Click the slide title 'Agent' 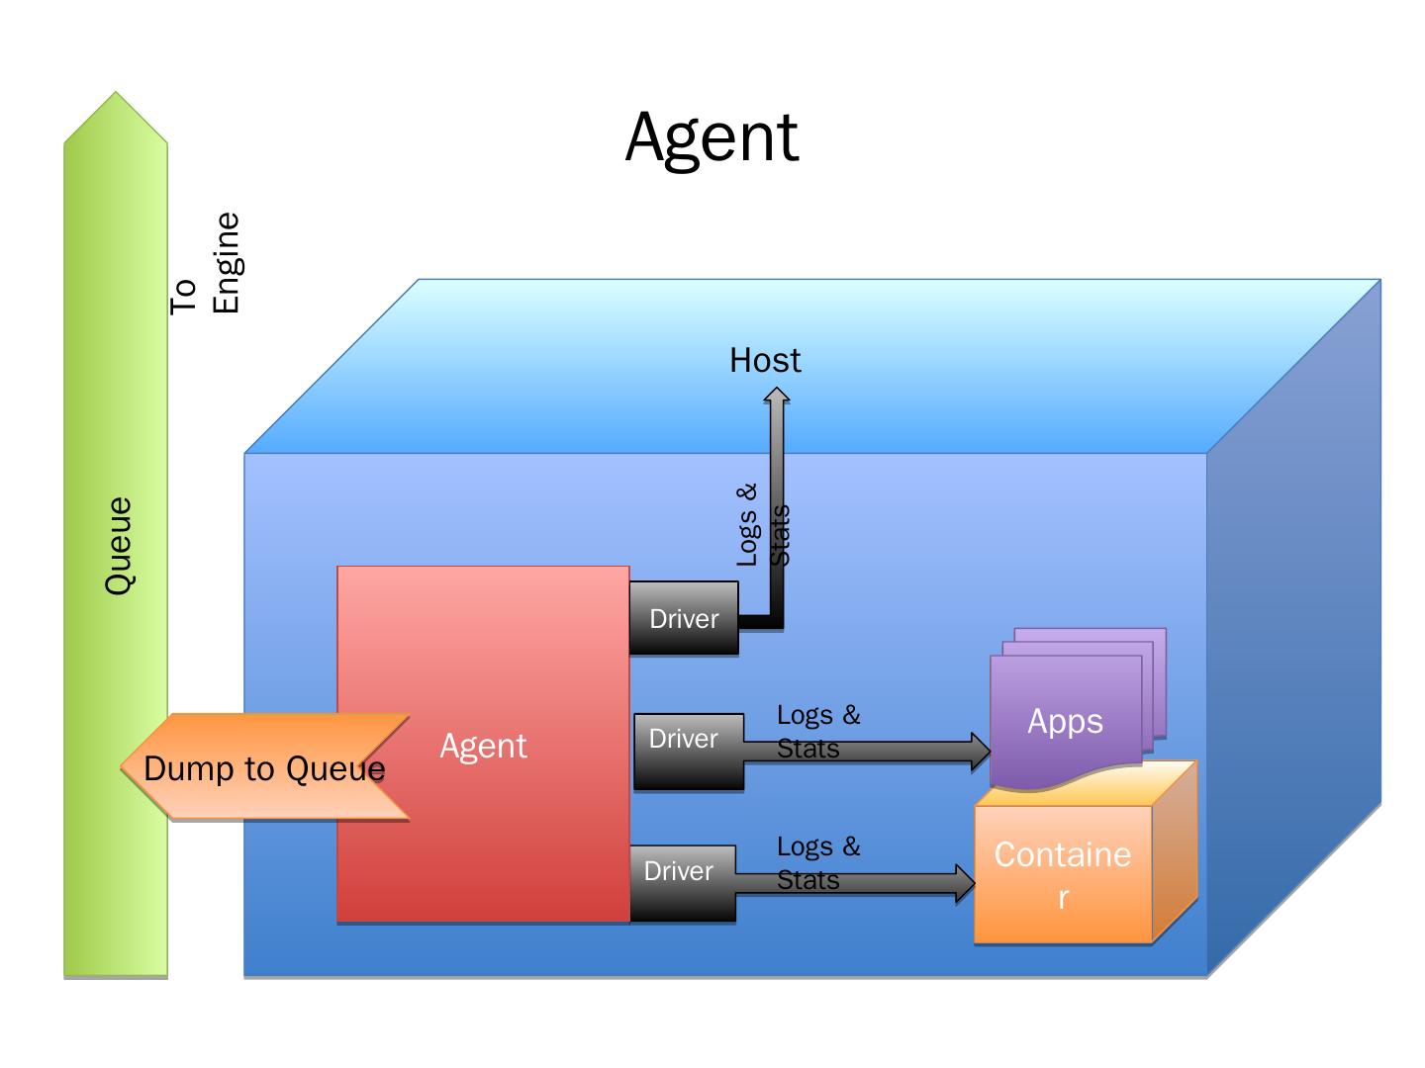click(x=712, y=138)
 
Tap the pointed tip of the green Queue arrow click(x=116, y=92)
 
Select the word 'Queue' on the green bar click(x=119, y=545)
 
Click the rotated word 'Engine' click(x=227, y=263)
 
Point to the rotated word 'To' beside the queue click(x=183, y=297)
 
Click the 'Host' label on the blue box click(x=765, y=360)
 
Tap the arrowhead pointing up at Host click(x=777, y=395)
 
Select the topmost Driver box click(x=684, y=618)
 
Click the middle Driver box click(x=689, y=752)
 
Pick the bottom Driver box click(x=682, y=882)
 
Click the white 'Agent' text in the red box click(x=483, y=746)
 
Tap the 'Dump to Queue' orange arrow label click(x=264, y=768)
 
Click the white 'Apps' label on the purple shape click(x=1065, y=721)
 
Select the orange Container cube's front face click(x=1063, y=874)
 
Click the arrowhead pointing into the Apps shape click(x=981, y=752)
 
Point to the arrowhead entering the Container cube click(x=966, y=883)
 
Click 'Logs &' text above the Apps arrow click(x=818, y=715)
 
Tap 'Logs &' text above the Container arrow click(x=818, y=846)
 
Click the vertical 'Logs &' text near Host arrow click(x=746, y=524)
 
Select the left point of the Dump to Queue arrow click(x=122, y=767)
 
